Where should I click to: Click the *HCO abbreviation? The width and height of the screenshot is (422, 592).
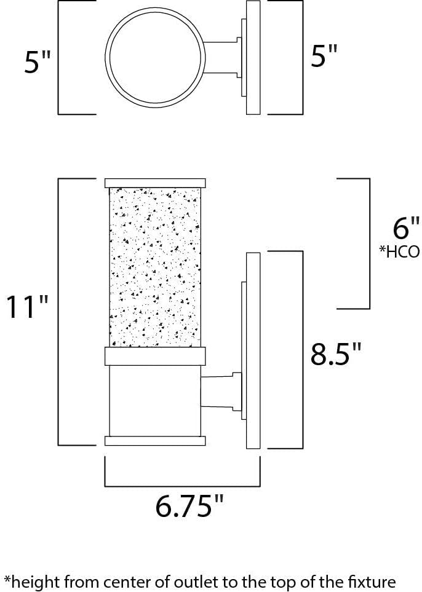coord(399,251)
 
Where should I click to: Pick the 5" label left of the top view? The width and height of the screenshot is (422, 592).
coord(37,61)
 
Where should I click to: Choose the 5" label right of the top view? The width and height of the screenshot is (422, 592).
coord(324,56)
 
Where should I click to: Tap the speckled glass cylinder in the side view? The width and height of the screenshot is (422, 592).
coord(155,267)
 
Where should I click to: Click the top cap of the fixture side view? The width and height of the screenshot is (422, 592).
coord(155,183)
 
